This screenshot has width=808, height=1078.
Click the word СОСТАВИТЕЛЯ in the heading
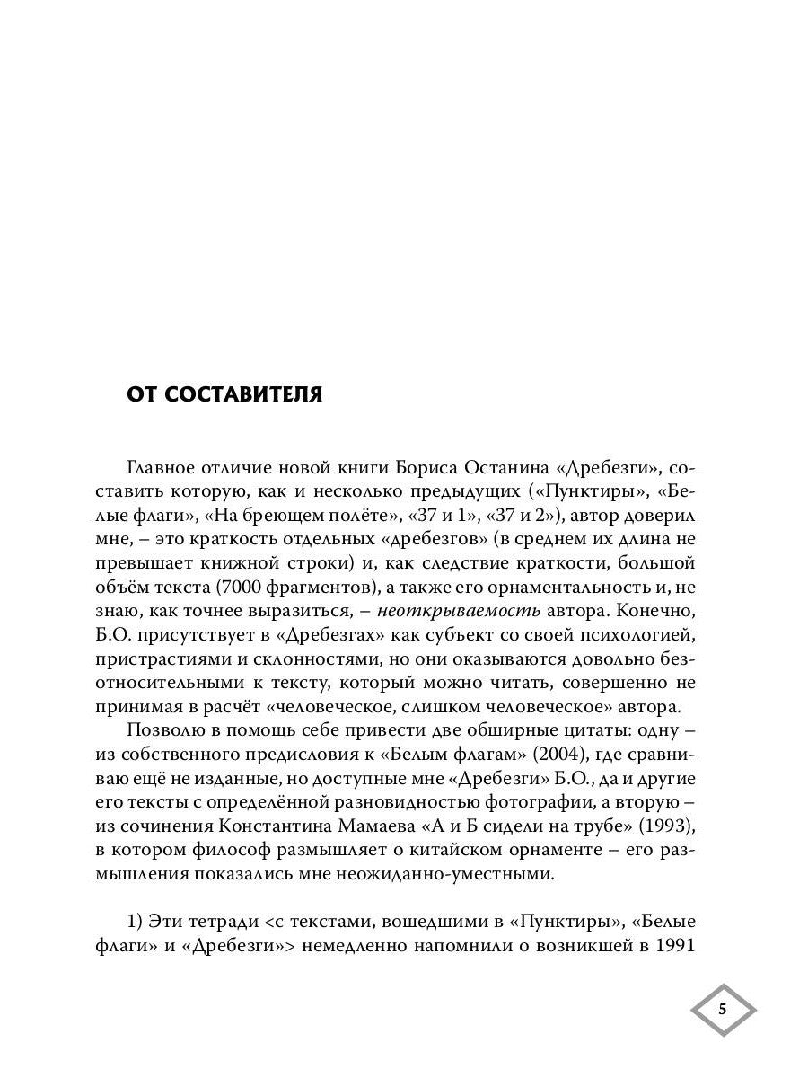tap(243, 395)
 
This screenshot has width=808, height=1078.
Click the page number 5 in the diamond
tap(723, 1009)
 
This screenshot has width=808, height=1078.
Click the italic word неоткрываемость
tap(460, 611)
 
